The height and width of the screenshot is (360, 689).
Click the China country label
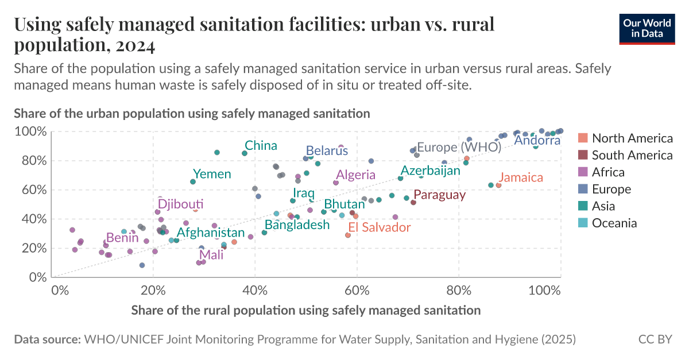[261, 146]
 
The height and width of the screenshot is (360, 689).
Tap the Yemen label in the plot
[212, 174]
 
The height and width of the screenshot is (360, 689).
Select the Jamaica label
[520, 177]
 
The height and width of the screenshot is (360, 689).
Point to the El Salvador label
[380, 227]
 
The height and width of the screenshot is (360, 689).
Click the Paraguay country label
[439, 195]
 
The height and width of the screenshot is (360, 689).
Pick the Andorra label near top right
[537, 140]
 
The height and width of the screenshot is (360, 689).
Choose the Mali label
[211, 256]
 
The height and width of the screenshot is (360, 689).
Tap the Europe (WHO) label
[459, 147]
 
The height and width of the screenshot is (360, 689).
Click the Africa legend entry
[608, 172]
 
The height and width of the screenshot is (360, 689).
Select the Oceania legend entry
[614, 223]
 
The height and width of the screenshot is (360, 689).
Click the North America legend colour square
[583, 138]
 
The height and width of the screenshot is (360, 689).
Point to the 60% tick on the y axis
[34, 190]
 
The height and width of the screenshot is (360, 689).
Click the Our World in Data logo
[646, 28]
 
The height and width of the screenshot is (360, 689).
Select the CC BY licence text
[655, 339]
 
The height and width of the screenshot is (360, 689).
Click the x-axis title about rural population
[305, 311]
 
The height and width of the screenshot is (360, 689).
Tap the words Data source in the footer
[47, 339]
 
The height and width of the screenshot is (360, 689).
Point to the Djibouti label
[180, 204]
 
